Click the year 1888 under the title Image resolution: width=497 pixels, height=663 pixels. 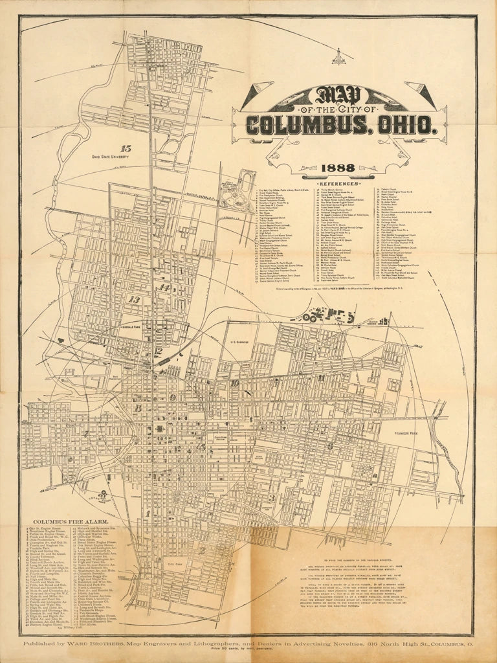337,168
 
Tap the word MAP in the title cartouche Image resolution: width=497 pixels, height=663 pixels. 339,96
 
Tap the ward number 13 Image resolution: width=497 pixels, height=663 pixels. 134,299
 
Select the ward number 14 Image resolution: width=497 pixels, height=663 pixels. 165,287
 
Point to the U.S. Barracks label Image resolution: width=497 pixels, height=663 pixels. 239,341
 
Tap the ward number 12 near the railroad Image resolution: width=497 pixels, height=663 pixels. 158,352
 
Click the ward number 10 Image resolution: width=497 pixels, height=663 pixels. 234,383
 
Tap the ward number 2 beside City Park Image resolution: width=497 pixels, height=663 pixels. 202,550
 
